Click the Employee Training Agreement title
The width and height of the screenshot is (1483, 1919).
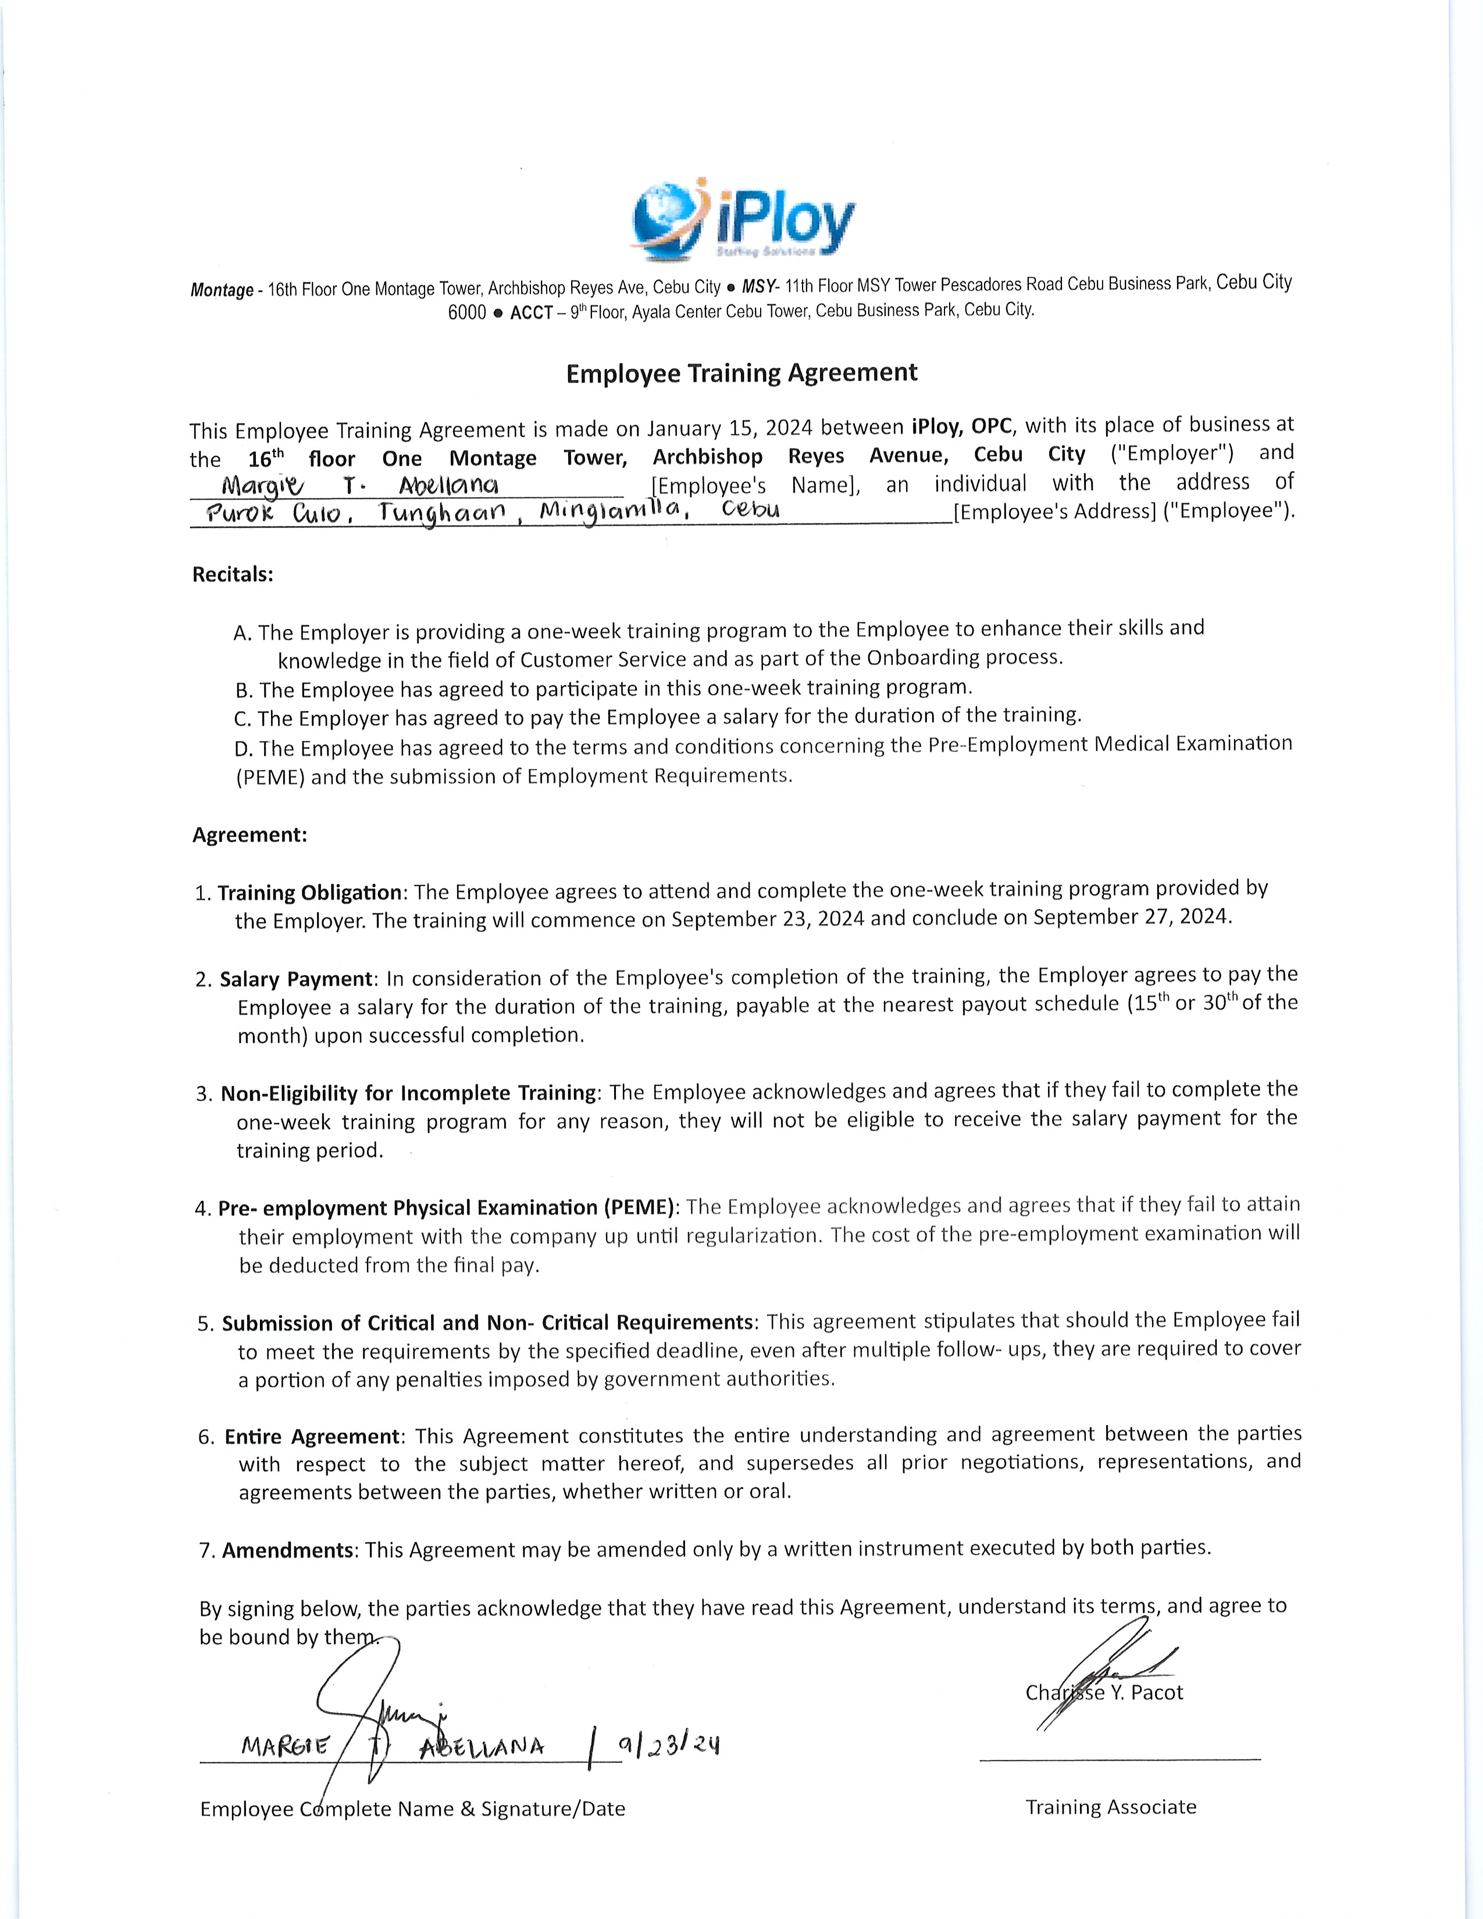tap(741, 373)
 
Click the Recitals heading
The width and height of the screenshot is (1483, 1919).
tap(233, 575)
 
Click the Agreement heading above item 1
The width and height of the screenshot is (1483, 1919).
tap(249, 834)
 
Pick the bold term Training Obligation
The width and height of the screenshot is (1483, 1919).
tap(309, 893)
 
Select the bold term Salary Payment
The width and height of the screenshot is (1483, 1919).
tap(296, 979)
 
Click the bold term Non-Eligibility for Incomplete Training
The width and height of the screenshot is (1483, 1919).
tap(408, 1093)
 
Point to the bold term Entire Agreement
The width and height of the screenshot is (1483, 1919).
tap(313, 1436)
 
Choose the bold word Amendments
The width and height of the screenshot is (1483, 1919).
tap(287, 1550)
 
